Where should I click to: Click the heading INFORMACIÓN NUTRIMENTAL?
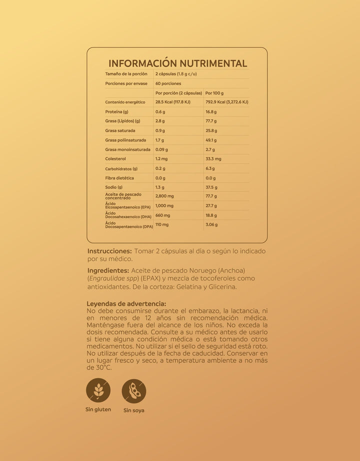[177, 63]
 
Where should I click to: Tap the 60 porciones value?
[168, 83]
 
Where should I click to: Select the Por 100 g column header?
[214, 93]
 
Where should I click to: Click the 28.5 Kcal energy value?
[173, 102]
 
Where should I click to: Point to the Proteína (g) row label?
[116, 111]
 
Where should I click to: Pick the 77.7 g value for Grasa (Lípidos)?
[211, 121]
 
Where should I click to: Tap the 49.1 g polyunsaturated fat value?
[211, 140]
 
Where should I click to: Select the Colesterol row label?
[115, 159]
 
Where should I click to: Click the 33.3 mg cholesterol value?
[213, 159]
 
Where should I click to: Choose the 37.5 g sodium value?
[211, 187]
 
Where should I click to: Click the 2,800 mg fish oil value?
[164, 196]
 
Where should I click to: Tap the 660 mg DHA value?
[162, 215]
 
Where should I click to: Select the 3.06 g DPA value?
[211, 225]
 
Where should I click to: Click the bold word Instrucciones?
[109, 251]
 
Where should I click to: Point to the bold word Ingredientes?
[108, 270]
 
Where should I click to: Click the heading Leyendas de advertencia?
[126, 303]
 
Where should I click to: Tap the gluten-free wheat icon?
[98, 390]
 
